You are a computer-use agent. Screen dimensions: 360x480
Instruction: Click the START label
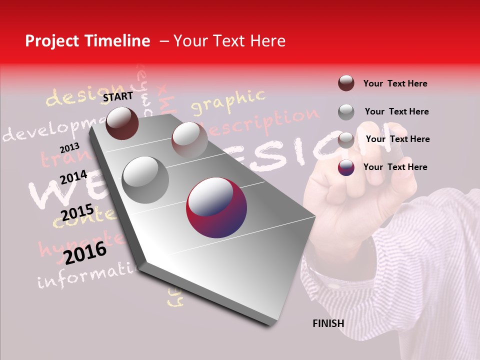tap(118, 96)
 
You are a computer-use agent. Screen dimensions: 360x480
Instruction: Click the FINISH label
tap(328, 323)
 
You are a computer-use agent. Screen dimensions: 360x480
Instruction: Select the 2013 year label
tap(69, 148)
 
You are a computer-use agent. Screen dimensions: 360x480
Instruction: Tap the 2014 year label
tap(73, 177)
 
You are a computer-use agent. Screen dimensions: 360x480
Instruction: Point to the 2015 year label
tap(77, 212)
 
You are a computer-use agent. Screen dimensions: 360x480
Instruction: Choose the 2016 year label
tap(85, 252)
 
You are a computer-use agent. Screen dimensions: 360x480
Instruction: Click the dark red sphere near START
tap(122, 123)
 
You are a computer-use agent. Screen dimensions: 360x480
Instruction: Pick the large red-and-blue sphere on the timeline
tap(216, 207)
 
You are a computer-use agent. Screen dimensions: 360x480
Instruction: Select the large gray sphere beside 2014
tap(145, 179)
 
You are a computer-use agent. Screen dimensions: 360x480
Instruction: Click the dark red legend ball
tap(346, 83)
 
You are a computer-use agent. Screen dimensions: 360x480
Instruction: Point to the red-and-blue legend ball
tap(346, 167)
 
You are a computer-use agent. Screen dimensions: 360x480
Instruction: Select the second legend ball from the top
tap(346, 111)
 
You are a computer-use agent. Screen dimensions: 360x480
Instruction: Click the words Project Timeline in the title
tap(87, 41)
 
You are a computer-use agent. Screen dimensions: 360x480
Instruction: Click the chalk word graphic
tap(228, 101)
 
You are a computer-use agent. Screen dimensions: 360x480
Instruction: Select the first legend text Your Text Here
tap(395, 83)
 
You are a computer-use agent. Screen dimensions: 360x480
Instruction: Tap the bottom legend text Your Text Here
tap(395, 167)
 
